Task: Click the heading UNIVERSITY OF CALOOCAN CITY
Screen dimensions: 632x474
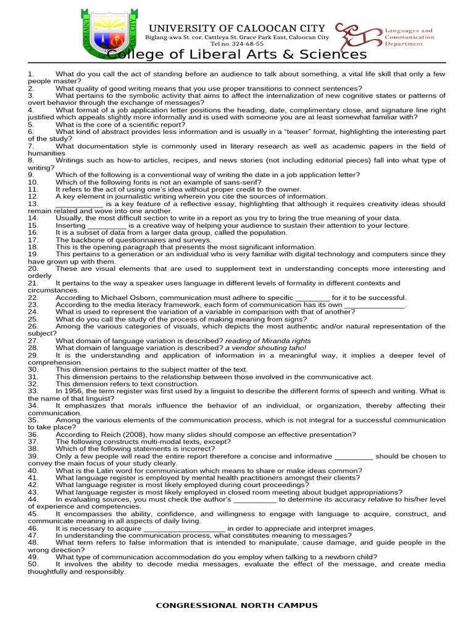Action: [237, 28]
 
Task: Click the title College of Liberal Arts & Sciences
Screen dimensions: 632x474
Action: [237, 55]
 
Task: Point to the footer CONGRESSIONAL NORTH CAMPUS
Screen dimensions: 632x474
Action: [237, 605]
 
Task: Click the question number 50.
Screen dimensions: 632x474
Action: [33, 564]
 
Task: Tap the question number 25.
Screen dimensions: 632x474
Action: [33, 319]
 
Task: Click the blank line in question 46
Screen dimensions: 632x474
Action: [185, 528]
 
